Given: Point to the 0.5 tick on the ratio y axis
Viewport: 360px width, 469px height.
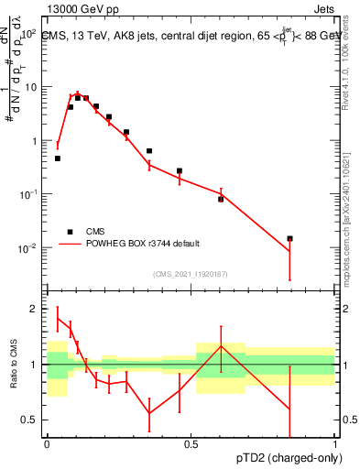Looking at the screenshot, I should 30,420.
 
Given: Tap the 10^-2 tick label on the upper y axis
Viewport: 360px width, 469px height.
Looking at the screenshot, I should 27,248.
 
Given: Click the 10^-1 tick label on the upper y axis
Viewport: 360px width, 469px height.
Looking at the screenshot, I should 27,194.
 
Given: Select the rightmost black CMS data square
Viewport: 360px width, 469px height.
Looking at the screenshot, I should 289,238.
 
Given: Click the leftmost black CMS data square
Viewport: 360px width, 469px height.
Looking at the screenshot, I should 58,158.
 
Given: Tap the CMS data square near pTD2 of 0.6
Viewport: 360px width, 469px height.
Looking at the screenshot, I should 221,199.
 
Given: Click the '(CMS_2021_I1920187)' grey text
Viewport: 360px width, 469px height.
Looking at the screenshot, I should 191,273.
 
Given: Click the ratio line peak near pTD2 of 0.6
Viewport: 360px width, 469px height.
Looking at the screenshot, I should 221,345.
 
